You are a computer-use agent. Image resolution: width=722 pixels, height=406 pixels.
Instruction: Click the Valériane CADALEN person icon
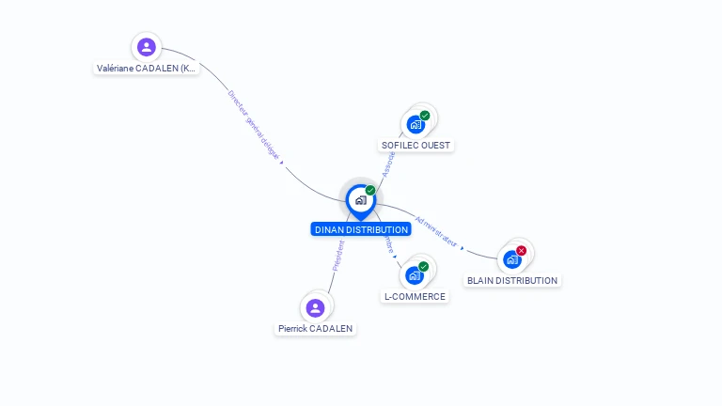coord(146,47)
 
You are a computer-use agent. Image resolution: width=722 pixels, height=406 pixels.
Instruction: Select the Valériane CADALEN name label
coord(147,69)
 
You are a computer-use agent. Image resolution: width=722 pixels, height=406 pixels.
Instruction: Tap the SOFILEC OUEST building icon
coord(415,124)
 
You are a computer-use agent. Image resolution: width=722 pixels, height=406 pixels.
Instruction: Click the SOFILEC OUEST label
coord(416,146)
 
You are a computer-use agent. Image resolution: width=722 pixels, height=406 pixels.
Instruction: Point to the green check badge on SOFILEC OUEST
coord(425,116)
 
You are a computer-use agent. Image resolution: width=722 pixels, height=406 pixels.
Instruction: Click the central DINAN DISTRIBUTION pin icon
coord(360,200)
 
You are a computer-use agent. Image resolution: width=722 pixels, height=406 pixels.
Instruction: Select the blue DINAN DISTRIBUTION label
coord(361,229)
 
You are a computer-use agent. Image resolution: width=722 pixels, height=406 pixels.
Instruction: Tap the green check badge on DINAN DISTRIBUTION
coord(370,191)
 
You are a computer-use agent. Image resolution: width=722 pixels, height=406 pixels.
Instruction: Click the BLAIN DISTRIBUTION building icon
coord(511,259)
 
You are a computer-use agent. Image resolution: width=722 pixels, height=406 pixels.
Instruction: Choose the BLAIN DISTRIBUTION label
coord(512,281)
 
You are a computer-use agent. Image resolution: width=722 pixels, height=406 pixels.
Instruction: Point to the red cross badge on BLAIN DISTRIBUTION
coord(522,251)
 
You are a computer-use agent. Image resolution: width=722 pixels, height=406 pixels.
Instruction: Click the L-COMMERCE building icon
coord(414,275)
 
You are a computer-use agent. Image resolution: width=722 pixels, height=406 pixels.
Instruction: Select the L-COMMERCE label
coord(415,297)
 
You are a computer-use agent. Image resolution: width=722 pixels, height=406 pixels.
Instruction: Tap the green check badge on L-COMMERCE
coord(424,267)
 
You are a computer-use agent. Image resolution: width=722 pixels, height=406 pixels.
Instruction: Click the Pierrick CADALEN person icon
coord(315,307)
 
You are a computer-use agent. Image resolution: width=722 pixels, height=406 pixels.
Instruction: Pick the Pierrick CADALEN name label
coord(316,329)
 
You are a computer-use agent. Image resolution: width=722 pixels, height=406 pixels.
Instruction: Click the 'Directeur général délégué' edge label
coord(254,124)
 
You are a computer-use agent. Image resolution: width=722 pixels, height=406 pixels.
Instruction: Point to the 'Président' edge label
coord(338,256)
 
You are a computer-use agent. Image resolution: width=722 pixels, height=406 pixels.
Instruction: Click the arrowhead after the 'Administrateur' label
coord(463,247)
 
